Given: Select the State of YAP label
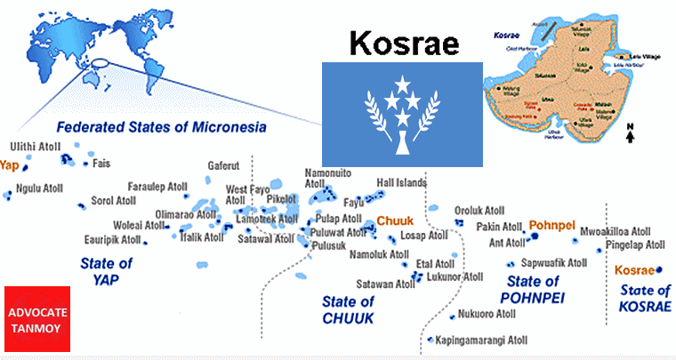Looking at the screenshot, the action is click(x=106, y=271).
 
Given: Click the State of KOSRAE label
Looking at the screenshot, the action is click(x=645, y=298).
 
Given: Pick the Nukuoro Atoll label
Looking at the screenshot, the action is click(x=487, y=314).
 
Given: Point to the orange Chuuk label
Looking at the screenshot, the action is click(x=395, y=220).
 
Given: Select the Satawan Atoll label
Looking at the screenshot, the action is click(x=385, y=284).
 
